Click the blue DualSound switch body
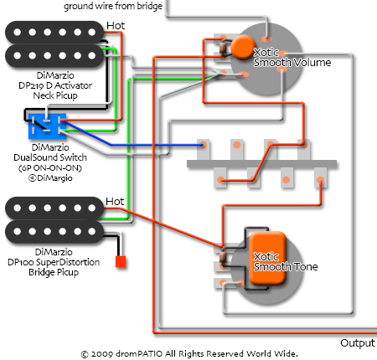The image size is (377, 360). pyautogui.click(x=47, y=126)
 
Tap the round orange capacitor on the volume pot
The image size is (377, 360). pyautogui.click(x=243, y=47)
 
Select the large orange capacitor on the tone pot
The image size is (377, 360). pyautogui.click(x=268, y=258)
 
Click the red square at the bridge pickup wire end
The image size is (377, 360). pyautogui.click(x=121, y=262)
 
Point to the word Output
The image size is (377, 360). pyautogui.click(x=358, y=343)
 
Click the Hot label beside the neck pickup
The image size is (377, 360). pyautogui.click(x=116, y=26)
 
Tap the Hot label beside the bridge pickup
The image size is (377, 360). pyautogui.click(x=115, y=202)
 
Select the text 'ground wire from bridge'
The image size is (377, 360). pyautogui.click(x=113, y=6)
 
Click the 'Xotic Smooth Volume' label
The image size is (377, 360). pyautogui.click(x=292, y=58)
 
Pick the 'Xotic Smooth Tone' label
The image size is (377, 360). pyautogui.click(x=286, y=262)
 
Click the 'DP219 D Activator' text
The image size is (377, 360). pyautogui.click(x=55, y=85)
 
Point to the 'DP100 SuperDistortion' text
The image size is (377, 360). pyautogui.click(x=54, y=262)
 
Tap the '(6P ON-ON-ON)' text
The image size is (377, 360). pyautogui.click(x=50, y=168)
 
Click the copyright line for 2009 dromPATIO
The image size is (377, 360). pyautogui.click(x=189, y=354)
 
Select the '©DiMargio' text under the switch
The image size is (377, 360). pyautogui.click(x=50, y=178)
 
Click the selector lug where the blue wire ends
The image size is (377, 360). pyautogui.click(x=204, y=145)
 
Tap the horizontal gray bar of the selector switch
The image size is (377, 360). pyautogui.click(x=261, y=164)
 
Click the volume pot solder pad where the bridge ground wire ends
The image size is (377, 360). pyautogui.click(x=267, y=39)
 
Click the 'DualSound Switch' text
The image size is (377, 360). pyautogui.click(x=50, y=157)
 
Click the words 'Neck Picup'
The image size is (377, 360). pyautogui.click(x=55, y=95)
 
